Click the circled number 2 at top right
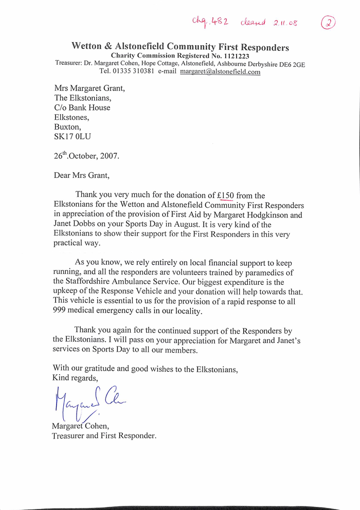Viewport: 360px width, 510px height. click(x=329, y=23)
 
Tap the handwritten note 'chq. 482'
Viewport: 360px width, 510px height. click(x=210, y=22)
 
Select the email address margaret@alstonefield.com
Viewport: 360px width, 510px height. click(x=220, y=72)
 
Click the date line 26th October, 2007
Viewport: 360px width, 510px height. click(x=86, y=155)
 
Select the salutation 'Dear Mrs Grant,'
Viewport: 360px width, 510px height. click(x=81, y=175)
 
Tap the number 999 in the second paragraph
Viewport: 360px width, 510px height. click(x=61, y=312)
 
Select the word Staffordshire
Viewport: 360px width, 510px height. click(x=91, y=282)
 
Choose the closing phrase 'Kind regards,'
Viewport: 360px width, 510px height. click(x=75, y=378)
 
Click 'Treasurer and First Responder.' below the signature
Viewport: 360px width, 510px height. click(x=104, y=436)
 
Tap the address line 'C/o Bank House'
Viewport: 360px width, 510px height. click(x=82, y=107)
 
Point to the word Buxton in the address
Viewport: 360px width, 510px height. click(x=67, y=127)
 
